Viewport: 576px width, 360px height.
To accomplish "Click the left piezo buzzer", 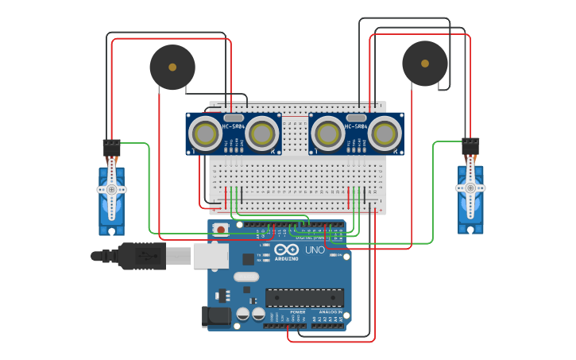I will point(172,67).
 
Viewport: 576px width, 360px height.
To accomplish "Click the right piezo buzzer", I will point(425,64).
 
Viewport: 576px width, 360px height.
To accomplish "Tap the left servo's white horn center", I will point(111,190).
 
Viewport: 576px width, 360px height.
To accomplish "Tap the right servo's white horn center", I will point(470,188).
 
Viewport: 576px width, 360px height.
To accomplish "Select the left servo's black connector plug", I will point(111,147).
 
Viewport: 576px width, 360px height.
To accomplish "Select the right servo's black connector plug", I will point(470,145).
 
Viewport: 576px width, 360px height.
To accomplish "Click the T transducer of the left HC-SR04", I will point(207,134).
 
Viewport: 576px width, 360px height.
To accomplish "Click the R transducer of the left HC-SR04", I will point(261,134).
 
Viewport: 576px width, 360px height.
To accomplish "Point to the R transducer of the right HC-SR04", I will point(384,134).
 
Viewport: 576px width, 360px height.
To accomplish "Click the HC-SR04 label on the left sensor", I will point(234,126).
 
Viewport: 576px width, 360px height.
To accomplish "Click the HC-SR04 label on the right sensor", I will point(356,126).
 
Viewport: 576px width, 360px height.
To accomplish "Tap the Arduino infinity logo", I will point(286,250).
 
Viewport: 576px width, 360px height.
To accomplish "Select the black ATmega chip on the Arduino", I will point(304,297).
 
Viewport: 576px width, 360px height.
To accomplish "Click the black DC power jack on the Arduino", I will point(215,317).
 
